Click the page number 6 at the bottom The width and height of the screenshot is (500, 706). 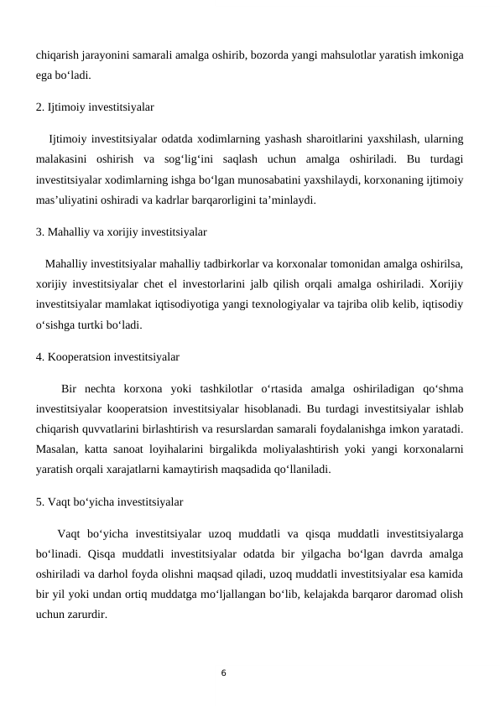[223, 672]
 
